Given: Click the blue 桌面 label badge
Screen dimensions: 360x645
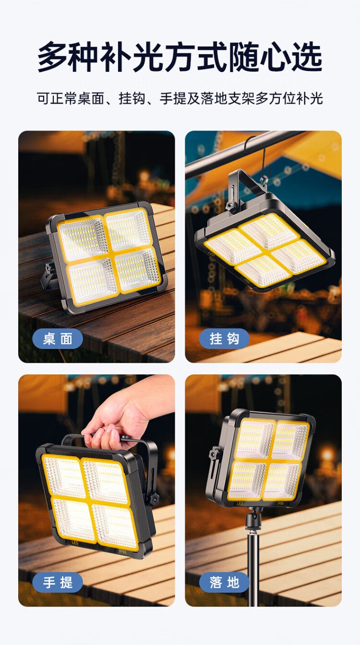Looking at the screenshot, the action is [x=58, y=339].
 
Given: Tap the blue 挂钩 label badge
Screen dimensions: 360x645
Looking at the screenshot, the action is [x=224, y=339].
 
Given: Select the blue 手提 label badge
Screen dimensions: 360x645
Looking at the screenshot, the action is [x=58, y=583].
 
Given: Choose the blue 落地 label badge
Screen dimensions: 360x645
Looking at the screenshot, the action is [x=224, y=583].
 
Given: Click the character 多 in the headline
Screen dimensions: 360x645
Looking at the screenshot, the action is [x=53, y=57].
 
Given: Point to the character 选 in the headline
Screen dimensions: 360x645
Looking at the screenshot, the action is [x=307, y=57].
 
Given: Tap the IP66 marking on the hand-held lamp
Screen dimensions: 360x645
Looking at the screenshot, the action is [x=122, y=551].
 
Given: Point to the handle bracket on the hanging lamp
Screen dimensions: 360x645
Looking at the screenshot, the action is [x=245, y=187].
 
